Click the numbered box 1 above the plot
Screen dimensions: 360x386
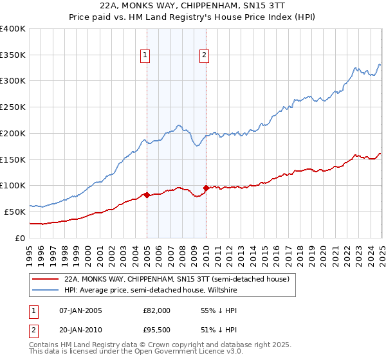pos(146,56)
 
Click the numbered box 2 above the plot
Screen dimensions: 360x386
pos(204,56)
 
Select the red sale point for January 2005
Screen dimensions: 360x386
pos(147,195)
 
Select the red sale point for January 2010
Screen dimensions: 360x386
pos(206,188)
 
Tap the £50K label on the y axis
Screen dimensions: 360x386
pos(15,212)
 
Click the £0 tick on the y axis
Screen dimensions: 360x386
pos(21,238)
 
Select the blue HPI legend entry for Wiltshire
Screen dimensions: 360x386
pos(155,290)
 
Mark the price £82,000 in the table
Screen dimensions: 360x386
pos(157,310)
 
